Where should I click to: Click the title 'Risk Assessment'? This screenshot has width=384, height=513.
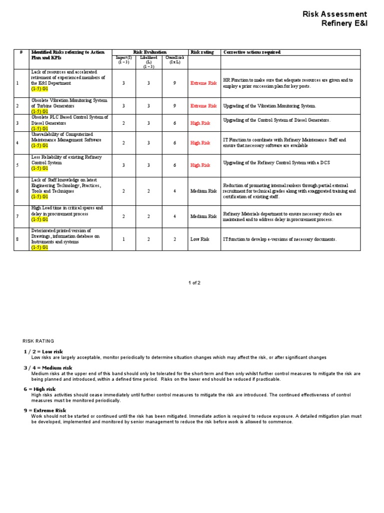click(334, 14)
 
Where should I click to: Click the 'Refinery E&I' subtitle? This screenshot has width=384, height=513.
click(344, 24)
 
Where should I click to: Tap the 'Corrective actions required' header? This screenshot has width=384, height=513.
click(252, 52)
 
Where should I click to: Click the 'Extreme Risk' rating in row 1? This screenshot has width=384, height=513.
click(203, 83)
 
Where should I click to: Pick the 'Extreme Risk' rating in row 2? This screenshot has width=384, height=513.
click(203, 106)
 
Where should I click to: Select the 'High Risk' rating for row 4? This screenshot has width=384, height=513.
click(200, 143)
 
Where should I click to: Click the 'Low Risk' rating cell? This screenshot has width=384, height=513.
click(199, 239)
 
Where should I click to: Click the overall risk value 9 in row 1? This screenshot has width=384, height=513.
click(174, 83)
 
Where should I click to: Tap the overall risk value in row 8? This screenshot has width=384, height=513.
click(174, 239)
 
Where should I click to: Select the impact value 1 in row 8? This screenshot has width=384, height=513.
click(123, 239)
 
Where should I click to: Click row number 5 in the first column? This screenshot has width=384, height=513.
click(17, 165)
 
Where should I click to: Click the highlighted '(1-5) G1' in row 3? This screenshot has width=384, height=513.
click(39, 129)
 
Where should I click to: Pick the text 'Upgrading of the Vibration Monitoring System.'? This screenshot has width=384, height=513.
click(269, 106)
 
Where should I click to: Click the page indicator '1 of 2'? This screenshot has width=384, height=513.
click(194, 283)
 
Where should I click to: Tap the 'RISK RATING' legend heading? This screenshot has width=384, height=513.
click(38, 341)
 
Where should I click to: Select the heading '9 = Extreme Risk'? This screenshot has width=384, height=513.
click(44, 410)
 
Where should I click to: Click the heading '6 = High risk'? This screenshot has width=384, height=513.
click(39, 389)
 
